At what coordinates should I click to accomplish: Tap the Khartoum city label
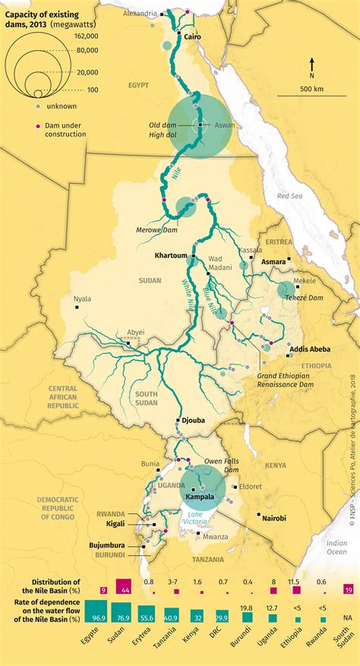(171, 256)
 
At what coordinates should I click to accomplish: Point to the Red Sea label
(289, 196)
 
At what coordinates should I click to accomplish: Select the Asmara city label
(273, 261)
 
